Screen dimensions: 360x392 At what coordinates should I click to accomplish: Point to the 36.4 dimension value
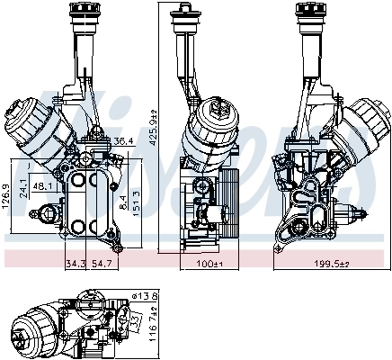click(x=123, y=141)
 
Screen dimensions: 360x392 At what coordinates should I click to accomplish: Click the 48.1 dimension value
click(x=41, y=187)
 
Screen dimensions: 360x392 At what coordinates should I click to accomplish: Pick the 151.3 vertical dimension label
click(x=137, y=201)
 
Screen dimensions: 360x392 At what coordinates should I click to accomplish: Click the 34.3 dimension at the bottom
click(x=76, y=263)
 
